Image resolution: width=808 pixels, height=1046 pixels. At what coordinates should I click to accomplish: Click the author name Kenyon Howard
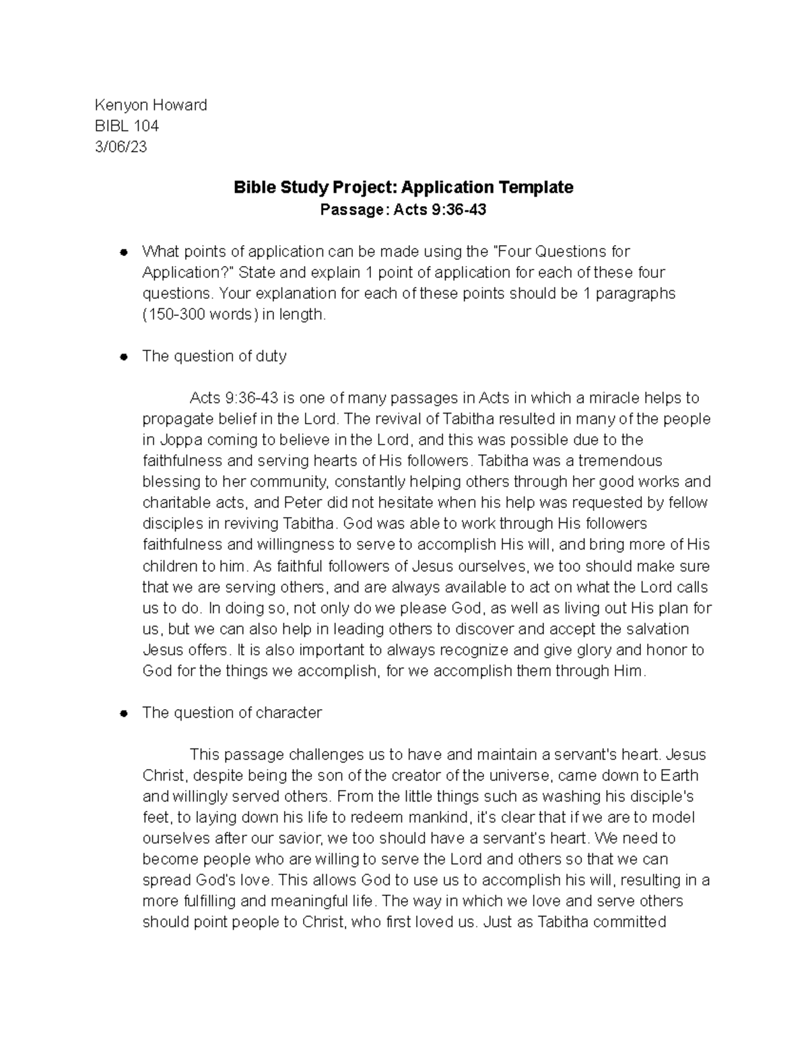click(x=151, y=104)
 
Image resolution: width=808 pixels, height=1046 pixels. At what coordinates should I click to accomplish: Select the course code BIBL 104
click(x=127, y=125)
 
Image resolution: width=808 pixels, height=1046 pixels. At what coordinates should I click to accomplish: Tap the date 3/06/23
click(x=121, y=146)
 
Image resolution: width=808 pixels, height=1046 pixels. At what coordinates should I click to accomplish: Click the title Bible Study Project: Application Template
click(x=403, y=187)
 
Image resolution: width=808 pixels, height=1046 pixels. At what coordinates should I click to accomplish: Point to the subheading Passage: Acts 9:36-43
click(x=403, y=209)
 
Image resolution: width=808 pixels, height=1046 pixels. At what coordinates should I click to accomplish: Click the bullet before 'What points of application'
click(x=123, y=252)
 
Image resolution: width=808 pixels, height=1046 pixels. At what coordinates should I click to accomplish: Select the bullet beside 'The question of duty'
click(x=123, y=357)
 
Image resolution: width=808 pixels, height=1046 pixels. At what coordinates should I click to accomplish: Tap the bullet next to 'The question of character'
click(x=123, y=713)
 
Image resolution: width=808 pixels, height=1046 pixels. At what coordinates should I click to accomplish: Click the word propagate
click(x=176, y=418)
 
